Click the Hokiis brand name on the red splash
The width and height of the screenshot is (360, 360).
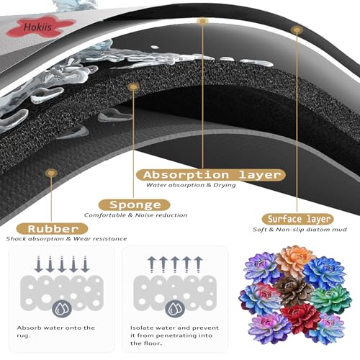[37, 27]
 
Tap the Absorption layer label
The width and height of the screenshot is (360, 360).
[211, 175]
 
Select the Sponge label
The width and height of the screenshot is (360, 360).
[135, 205]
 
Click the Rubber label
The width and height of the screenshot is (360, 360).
[53, 229]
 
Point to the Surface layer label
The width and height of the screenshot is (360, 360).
[297, 219]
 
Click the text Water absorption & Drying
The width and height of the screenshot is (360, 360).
[191, 185]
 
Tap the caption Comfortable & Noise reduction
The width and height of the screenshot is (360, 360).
[135, 215]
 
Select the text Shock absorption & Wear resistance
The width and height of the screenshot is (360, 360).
[66, 239]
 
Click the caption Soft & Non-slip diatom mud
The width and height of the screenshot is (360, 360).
[300, 230]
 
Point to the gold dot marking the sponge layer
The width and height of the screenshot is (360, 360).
[133, 86]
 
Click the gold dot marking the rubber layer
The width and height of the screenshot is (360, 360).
[51, 173]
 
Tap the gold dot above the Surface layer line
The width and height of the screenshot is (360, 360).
[297, 30]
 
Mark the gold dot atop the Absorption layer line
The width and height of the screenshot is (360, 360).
[202, 21]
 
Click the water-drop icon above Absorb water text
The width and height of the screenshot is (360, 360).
[62, 309]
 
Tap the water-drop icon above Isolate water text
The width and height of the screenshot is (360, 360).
[175, 309]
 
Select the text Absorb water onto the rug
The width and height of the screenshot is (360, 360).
[56, 332]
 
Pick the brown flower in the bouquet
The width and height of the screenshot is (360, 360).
[293, 290]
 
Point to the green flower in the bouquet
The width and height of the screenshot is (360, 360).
[331, 299]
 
